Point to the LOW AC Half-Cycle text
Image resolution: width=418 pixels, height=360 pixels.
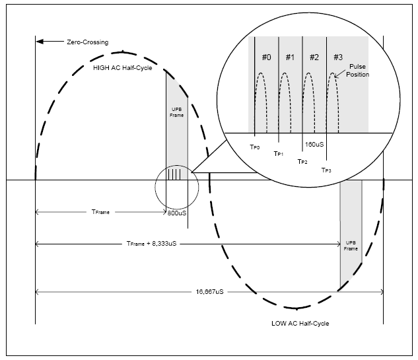click(x=300, y=324)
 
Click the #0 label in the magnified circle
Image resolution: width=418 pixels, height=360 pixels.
click(x=266, y=57)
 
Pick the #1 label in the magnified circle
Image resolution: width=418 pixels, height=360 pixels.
click(x=290, y=57)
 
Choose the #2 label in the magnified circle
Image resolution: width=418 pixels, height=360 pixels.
click(x=314, y=57)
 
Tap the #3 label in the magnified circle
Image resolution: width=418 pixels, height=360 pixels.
click(x=338, y=57)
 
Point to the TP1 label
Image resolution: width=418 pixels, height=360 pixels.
click(x=279, y=153)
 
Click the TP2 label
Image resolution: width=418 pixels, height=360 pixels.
click(x=302, y=161)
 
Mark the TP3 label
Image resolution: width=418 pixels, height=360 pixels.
click(x=326, y=170)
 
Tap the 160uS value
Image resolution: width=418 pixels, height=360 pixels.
click(x=312, y=143)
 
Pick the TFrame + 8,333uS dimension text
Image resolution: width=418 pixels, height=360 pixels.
click(x=154, y=244)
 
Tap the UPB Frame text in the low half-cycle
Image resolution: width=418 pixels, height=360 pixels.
click(x=351, y=246)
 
